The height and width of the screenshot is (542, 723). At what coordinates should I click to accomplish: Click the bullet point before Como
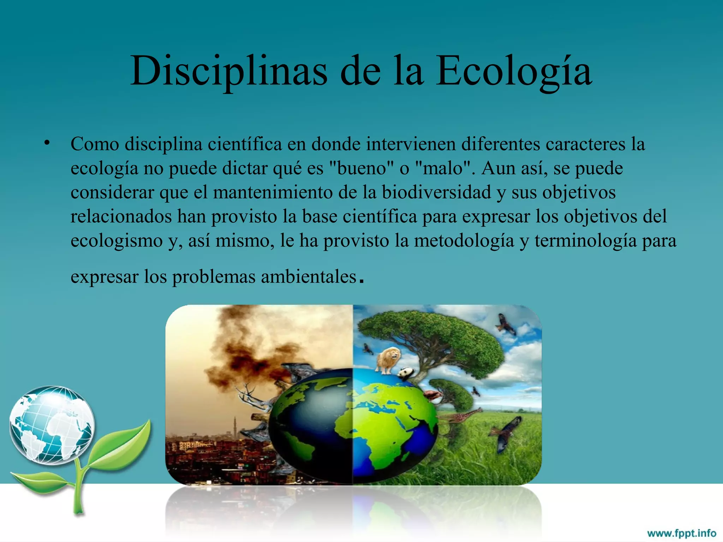click(x=47, y=143)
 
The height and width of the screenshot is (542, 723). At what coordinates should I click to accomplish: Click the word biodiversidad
click(x=436, y=192)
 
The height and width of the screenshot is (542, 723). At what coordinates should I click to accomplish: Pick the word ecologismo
click(x=116, y=241)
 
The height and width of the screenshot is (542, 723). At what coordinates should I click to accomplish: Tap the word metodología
click(x=464, y=241)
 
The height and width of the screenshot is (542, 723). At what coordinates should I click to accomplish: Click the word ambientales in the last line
click(x=309, y=277)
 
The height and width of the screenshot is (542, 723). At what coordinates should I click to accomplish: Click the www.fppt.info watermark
click(x=681, y=533)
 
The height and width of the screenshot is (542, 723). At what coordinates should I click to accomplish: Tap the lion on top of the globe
click(x=388, y=359)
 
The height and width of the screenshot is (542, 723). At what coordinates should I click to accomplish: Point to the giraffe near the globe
click(x=461, y=416)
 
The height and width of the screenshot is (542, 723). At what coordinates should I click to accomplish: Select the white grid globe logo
click(x=52, y=425)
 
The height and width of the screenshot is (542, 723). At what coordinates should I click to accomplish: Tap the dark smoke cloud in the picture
click(x=244, y=356)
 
